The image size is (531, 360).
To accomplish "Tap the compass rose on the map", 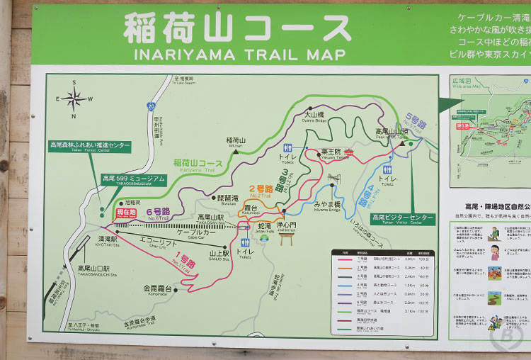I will [x=74, y=99].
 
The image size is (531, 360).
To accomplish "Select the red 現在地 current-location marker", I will [x=126, y=213].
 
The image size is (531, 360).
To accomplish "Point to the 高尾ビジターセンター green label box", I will [x=403, y=218].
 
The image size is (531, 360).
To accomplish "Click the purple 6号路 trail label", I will [x=158, y=211].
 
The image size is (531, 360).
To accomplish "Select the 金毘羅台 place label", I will [x=157, y=288].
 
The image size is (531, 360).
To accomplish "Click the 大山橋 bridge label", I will [x=314, y=115].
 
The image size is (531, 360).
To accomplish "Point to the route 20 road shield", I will [x=151, y=106].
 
